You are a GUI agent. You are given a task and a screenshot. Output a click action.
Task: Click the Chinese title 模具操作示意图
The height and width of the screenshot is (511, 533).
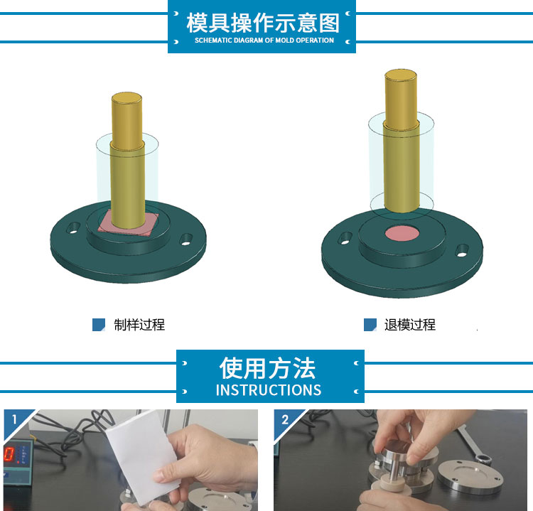click(x=263, y=23)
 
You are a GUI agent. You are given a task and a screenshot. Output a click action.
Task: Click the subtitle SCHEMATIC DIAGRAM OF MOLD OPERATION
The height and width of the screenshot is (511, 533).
click(x=264, y=40)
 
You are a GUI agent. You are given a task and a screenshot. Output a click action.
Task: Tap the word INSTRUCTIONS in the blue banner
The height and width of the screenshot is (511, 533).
click(x=269, y=390)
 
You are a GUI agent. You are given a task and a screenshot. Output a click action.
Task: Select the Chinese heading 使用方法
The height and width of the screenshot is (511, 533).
click(x=267, y=368)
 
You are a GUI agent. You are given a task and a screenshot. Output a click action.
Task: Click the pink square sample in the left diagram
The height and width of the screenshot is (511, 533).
click(x=127, y=223)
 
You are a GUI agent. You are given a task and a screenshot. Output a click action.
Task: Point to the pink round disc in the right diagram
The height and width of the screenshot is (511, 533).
click(x=402, y=234)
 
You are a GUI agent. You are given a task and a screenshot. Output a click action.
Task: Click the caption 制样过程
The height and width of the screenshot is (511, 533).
click(x=139, y=325)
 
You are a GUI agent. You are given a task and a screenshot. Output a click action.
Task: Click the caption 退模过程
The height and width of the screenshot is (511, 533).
click(x=410, y=325)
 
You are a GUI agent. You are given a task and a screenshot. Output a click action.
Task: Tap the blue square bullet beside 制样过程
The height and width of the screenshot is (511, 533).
click(x=99, y=325)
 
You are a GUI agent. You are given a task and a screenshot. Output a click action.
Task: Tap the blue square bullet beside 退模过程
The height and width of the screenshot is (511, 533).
click(x=370, y=325)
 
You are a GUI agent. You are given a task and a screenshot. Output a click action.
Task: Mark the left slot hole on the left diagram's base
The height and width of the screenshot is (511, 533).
click(x=73, y=228)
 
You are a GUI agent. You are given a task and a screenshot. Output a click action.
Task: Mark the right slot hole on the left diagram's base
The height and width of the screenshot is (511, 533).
click(x=185, y=240)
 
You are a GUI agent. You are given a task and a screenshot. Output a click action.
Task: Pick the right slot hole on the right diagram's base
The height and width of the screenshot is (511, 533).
click(x=463, y=251)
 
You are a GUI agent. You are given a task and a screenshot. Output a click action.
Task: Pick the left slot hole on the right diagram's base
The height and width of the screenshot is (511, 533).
click(x=345, y=238)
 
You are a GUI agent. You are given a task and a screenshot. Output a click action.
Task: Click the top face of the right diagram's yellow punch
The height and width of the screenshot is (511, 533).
click(x=401, y=75)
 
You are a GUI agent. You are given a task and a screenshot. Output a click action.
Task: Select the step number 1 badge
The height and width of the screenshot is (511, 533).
click(x=14, y=419)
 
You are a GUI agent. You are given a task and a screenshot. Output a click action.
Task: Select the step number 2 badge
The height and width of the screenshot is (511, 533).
click(x=285, y=419)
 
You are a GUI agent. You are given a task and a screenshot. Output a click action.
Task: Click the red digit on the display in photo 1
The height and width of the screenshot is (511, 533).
click(x=9, y=454)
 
